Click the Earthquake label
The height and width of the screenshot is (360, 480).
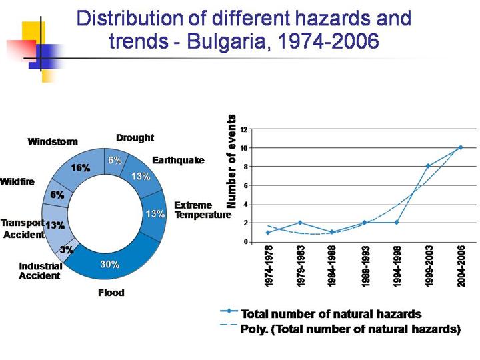pos(178,161)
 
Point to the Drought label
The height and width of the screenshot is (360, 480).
pos(135,138)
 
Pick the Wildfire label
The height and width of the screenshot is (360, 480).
pos(17,181)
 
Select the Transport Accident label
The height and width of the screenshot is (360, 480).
pos(23,229)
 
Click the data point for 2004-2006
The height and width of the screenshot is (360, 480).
pos(460,147)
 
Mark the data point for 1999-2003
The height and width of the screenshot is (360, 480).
pos(428,166)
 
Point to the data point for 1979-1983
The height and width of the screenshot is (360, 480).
pos(300,223)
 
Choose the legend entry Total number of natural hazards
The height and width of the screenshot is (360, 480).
pos(331,313)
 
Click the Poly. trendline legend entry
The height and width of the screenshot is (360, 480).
pos(350,328)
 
